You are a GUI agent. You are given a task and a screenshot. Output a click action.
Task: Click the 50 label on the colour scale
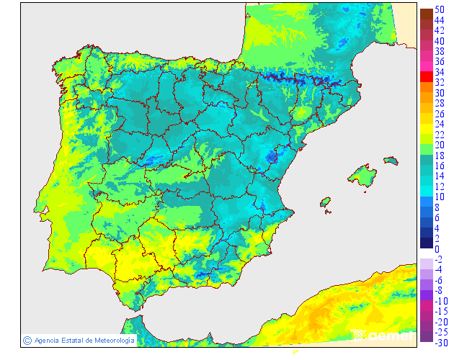click(x=440, y=9)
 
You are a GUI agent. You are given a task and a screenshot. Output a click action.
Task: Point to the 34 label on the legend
click(x=440, y=73)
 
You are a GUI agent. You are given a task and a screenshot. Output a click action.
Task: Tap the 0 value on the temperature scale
click(x=437, y=249)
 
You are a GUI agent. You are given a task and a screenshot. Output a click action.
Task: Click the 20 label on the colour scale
click(x=440, y=145)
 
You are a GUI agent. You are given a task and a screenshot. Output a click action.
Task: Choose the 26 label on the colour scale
click(x=440, y=114)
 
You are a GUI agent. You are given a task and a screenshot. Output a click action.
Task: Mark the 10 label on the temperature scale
click(x=440, y=197)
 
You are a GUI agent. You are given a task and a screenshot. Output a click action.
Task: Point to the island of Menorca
click(x=391, y=160)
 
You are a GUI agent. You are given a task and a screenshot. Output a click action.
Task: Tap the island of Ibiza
click(x=326, y=202)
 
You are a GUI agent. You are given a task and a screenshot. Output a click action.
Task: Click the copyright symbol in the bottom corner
click(x=27, y=340)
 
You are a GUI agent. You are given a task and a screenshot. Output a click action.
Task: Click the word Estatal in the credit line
click(x=74, y=340)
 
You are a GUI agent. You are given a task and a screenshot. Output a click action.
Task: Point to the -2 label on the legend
click(x=438, y=259)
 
